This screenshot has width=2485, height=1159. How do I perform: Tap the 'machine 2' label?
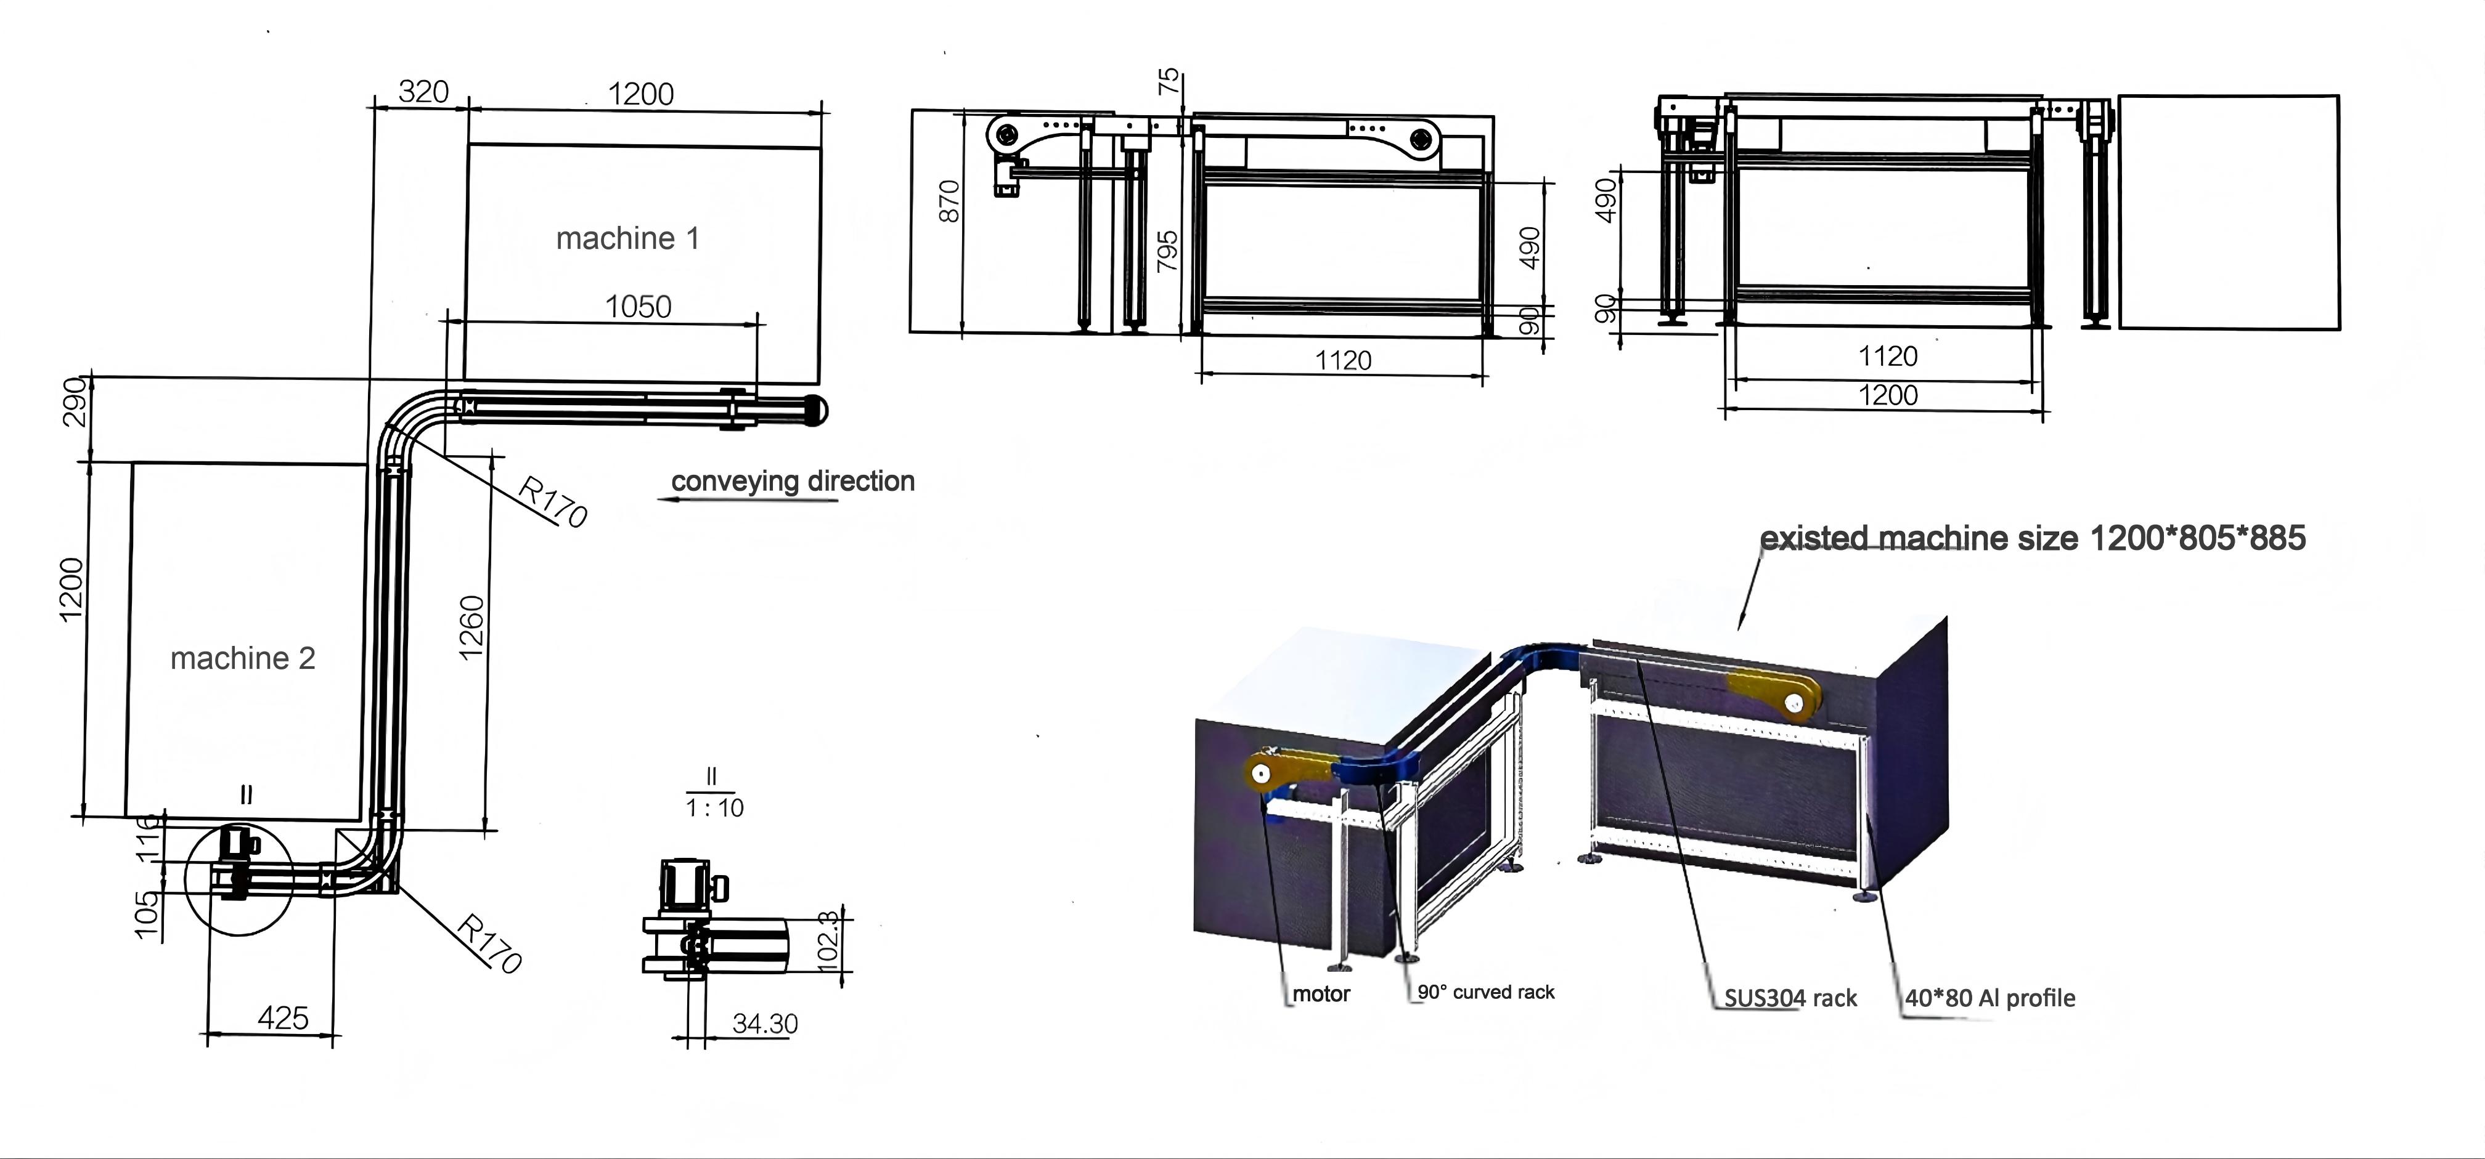(x=243, y=658)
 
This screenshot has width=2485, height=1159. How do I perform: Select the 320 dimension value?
(x=423, y=92)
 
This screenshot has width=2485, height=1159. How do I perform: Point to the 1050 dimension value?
(x=638, y=307)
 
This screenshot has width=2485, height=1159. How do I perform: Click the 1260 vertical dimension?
(x=471, y=628)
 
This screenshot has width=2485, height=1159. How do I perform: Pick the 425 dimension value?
(x=283, y=1018)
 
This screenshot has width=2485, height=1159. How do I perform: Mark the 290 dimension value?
(x=75, y=402)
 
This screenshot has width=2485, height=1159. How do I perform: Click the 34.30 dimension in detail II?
(x=765, y=1024)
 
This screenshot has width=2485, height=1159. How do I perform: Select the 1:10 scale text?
(x=715, y=808)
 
